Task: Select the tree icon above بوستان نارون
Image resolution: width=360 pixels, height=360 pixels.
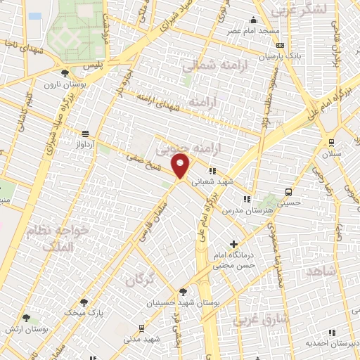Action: [65, 72]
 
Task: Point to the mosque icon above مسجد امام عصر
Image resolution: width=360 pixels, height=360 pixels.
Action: [252, 20]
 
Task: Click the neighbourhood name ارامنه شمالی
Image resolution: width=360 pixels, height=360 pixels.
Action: [209, 67]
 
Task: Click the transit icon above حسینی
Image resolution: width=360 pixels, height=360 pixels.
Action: [289, 192]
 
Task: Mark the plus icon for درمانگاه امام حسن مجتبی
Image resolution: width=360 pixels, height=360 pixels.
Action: [234, 244]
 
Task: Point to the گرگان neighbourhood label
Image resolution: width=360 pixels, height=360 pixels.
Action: [139, 281]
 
